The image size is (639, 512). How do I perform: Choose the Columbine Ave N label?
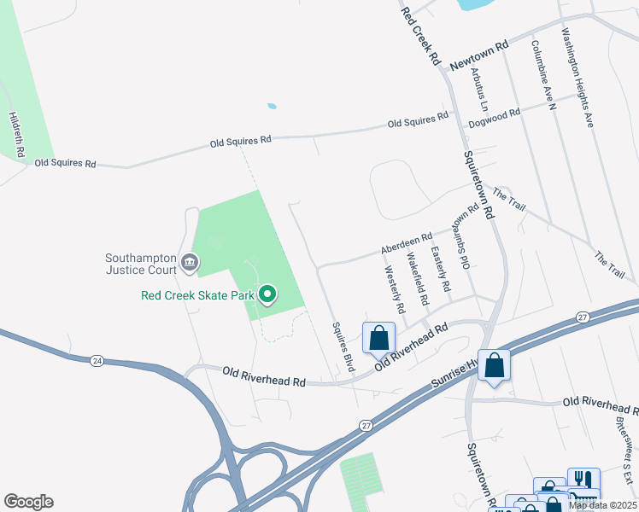coord(543,75)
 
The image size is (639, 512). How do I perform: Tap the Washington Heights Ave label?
coord(577,77)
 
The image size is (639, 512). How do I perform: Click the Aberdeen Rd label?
coord(407,245)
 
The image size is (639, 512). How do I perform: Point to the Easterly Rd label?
coord(441,269)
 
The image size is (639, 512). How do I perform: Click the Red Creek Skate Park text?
coord(198,296)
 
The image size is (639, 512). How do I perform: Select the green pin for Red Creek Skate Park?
coord(267,295)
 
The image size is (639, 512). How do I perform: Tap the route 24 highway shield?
coord(96,361)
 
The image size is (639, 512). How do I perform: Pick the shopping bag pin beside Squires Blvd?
coord(378,337)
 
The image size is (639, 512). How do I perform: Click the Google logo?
coord(28,502)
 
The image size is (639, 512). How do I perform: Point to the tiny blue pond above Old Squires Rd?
coord(272,107)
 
